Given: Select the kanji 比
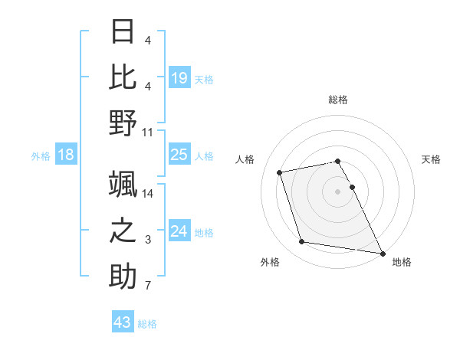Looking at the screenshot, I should point(123,77).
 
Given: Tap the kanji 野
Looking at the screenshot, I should point(123,122).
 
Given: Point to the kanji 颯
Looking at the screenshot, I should point(123,185).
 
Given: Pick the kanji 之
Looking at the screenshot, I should point(123,230).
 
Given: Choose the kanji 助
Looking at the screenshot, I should point(123,276).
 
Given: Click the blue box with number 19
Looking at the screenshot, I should point(179,77).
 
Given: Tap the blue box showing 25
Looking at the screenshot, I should point(179,155).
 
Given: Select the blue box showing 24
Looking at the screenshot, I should point(179,231).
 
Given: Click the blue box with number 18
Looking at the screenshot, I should point(66,155).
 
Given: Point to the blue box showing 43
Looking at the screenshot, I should point(122,322).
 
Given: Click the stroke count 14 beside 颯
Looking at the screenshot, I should point(148,195).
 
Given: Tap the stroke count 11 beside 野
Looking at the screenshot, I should point(148,132).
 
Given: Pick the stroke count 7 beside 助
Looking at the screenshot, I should point(148,286).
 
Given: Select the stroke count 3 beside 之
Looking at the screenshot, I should point(148,241).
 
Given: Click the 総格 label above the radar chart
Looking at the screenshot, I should point(337,100).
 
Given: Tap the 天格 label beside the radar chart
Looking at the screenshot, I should point(431,159).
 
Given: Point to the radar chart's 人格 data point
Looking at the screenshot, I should point(280,172).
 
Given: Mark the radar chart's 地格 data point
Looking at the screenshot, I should point(381,253).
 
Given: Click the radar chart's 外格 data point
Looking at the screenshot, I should point(302,242).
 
